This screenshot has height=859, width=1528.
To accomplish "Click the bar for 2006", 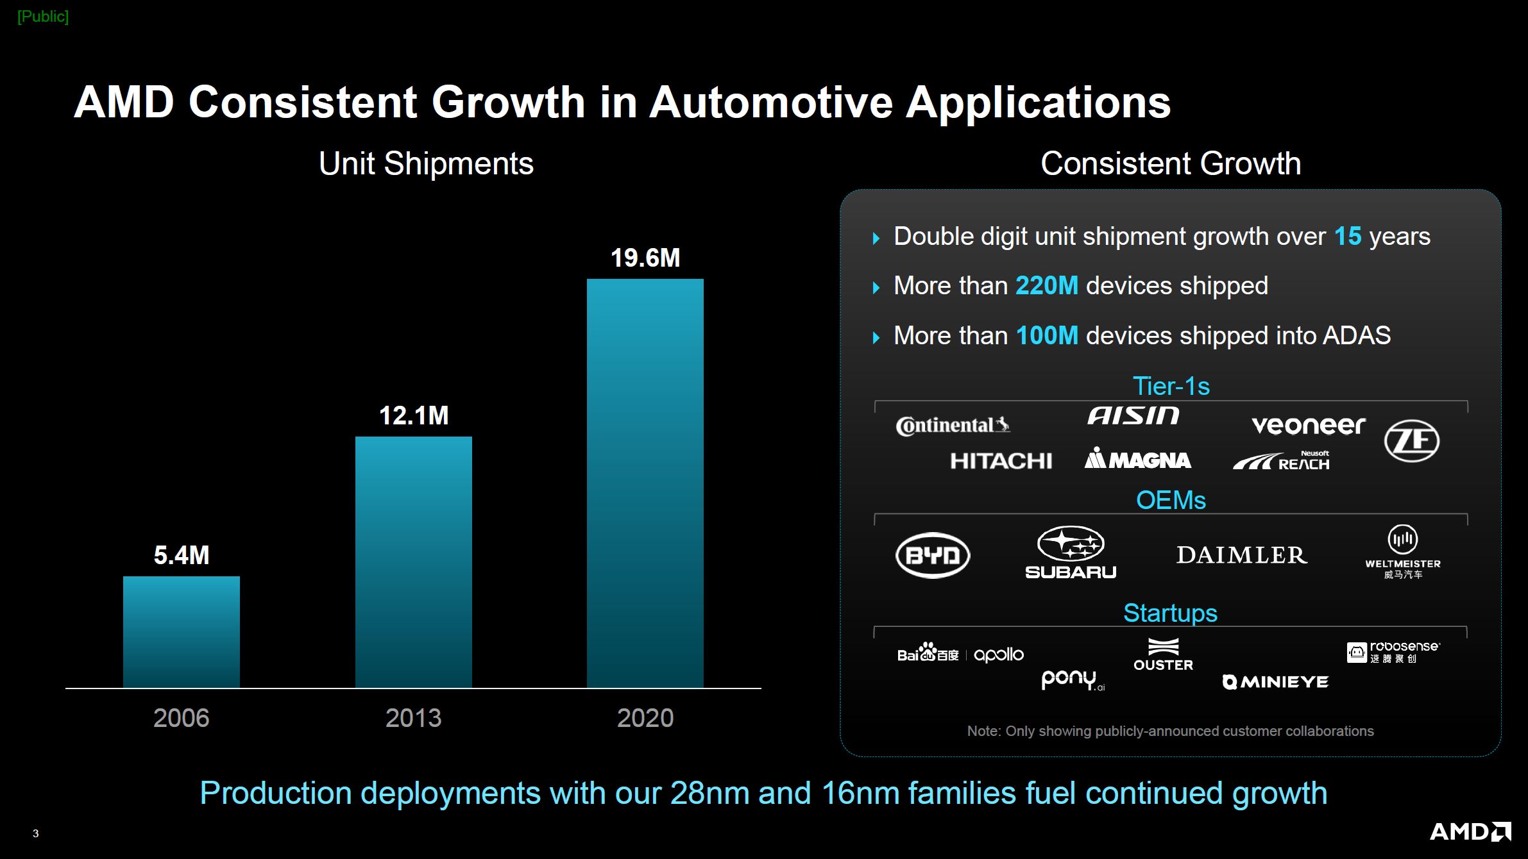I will click(182, 631).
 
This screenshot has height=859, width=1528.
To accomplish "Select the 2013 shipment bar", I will click(414, 562).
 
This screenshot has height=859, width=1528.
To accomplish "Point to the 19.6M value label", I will click(645, 258).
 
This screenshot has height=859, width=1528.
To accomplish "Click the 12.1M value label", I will click(414, 415).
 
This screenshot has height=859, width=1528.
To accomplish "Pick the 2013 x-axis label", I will click(414, 718).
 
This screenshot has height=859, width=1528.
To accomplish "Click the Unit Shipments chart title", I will click(426, 163).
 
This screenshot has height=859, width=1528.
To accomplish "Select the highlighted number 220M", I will click(1046, 286).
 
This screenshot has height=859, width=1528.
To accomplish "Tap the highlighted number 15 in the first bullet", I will click(1347, 237).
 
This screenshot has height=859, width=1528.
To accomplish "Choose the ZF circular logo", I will click(1411, 441).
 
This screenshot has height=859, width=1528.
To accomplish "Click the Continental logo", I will click(953, 426).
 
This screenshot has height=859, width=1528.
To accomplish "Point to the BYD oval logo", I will click(933, 555).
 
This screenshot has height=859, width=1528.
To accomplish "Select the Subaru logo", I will click(1071, 553).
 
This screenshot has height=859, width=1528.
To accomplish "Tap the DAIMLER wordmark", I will click(1241, 555).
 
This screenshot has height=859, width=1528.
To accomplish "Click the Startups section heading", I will click(1170, 613).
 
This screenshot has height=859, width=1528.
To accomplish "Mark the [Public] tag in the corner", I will click(43, 17).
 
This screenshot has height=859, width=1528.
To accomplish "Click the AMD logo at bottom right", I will click(1470, 832).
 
